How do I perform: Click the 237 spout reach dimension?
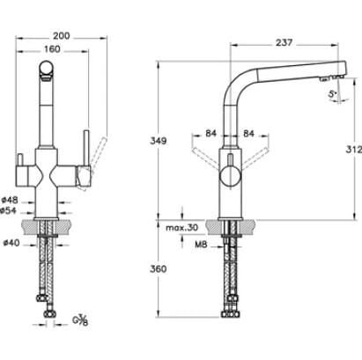(x=284, y=42)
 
